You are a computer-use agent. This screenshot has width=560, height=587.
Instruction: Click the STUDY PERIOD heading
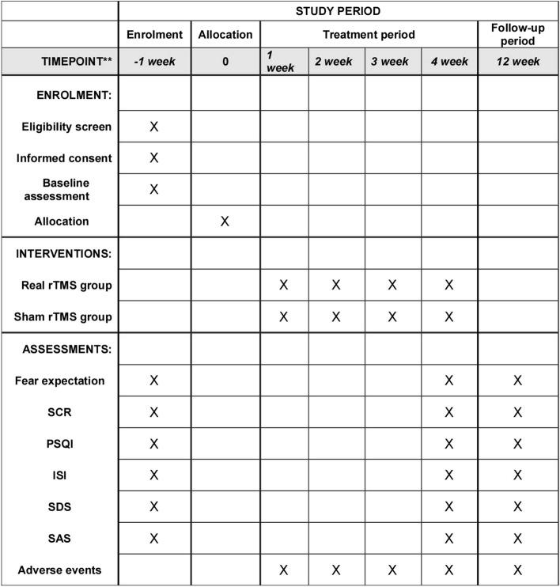(338, 11)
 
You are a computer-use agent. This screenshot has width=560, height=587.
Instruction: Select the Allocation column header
(225, 35)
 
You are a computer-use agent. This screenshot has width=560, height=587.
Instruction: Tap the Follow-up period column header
(518, 35)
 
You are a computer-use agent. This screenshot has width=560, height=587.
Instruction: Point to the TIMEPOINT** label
(60, 61)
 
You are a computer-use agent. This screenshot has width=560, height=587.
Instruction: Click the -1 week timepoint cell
(154, 61)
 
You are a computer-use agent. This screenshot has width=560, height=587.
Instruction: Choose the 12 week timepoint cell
(518, 61)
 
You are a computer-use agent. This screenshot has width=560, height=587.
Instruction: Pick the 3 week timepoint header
(392, 61)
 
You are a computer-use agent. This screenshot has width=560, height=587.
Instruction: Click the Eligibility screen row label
(64, 127)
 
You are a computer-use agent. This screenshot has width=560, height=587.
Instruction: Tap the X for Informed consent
(154, 157)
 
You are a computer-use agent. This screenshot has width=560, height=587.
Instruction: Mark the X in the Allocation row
(225, 221)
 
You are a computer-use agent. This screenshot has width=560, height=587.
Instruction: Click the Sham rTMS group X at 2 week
(336, 316)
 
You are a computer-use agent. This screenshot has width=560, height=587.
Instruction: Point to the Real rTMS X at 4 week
(449, 285)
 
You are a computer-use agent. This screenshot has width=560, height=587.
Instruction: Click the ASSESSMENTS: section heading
(60, 349)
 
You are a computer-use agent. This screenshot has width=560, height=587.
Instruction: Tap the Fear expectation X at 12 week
(518, 381)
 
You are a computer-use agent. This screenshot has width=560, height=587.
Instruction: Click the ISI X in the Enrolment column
(154, 475)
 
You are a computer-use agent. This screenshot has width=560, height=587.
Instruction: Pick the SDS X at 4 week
(449, 506)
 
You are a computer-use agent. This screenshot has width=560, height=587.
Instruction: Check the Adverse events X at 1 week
(284, 570)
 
